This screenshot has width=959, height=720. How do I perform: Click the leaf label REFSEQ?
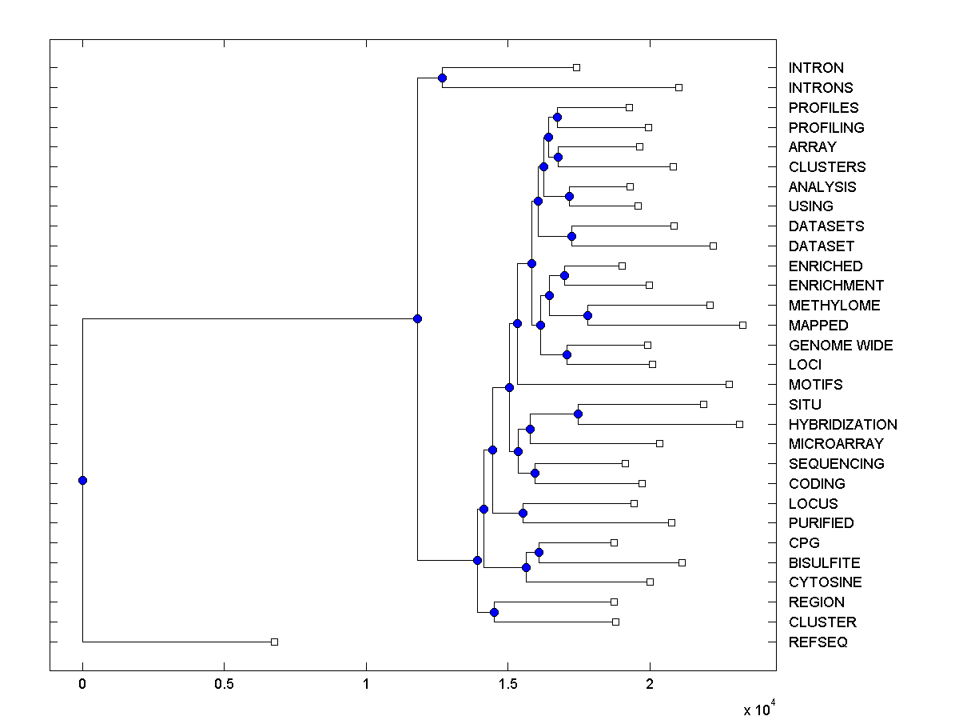(x=818, y=642)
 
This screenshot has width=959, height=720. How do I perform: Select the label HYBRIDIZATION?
(x=842, y=424)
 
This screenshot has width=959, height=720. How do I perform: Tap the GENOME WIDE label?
(x=840, y=345)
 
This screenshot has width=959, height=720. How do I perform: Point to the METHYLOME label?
(x=834, y=305)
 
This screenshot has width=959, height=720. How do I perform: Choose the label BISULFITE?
(x=824, y=562)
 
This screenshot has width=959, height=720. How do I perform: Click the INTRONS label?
(x=820, y=87)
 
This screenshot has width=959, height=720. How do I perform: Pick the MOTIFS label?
(x=815, y=384)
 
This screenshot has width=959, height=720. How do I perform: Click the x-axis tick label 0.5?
(x=224, y=684)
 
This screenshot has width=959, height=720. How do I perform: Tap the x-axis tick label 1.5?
(x=507, y=684)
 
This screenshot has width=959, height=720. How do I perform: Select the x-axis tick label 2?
(x=650, y=684)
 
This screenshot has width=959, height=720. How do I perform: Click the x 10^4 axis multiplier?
(x=759, y=709)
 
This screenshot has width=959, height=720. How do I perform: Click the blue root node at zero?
(x=82, y=480)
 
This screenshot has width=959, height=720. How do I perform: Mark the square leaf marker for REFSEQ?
(x=274, y=642)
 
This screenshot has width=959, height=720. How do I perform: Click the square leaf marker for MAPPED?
(x=742, y=325)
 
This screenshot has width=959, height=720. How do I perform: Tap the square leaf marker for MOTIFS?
(x=729, y=384)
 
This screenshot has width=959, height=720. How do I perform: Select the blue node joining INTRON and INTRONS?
(x=442, y=78)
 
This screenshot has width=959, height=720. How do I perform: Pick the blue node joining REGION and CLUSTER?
(x=494, y=612)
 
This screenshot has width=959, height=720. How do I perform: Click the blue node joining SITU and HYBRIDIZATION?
(x=578, y=414)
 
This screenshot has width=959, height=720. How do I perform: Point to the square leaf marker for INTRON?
(x=576, y=67)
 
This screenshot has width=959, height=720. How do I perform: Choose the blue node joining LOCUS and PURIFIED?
(x=523, y=513)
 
